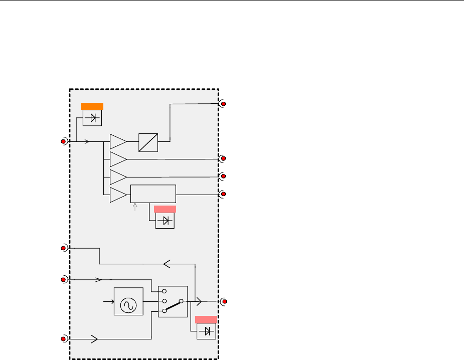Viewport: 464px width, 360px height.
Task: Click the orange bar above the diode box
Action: pos(92,105)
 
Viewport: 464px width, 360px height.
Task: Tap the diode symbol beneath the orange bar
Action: pos(92,117)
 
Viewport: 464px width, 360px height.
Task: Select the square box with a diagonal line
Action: pos(148,142)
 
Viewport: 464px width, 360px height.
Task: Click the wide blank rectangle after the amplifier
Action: pos(153,194)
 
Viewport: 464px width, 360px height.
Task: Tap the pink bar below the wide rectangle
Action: pos(165,209)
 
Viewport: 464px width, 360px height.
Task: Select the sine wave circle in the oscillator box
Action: pos(128,301)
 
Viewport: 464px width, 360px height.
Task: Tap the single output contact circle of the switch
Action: pos(182,301)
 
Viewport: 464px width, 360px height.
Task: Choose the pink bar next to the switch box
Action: pos(206,319)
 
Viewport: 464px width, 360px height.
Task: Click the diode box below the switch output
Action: pos(206,331)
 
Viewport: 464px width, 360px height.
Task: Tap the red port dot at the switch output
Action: pos(224,301)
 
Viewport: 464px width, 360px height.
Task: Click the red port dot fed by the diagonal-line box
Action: pos(224,104)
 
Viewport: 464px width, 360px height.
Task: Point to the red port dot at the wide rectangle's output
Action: pos(224,194)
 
